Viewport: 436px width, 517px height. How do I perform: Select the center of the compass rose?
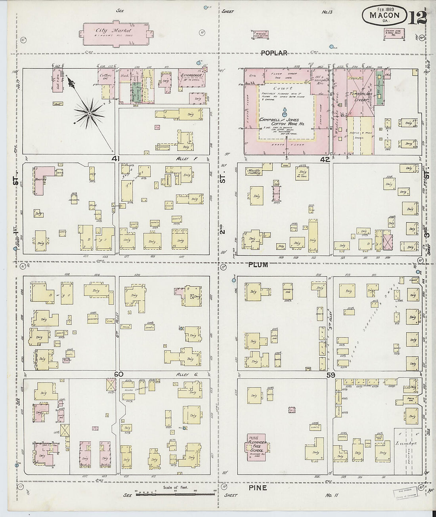[x=90, y=114]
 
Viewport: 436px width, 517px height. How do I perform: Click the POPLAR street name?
[x=274, y=53]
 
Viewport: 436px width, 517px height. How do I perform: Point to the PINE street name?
[x=258, y=488]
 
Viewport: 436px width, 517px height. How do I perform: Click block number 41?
[x=115, y=159]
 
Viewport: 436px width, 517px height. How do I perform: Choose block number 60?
[x=119, y=374]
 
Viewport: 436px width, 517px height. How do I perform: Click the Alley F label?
[x=181, y=158]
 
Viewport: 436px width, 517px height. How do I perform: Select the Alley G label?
[x=185, y=374]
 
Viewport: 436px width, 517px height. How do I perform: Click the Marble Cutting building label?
[x=256, y=172]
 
